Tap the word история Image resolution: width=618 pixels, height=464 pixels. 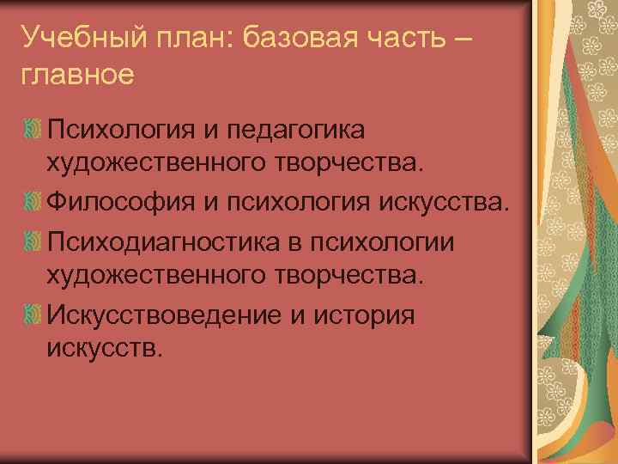367,314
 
